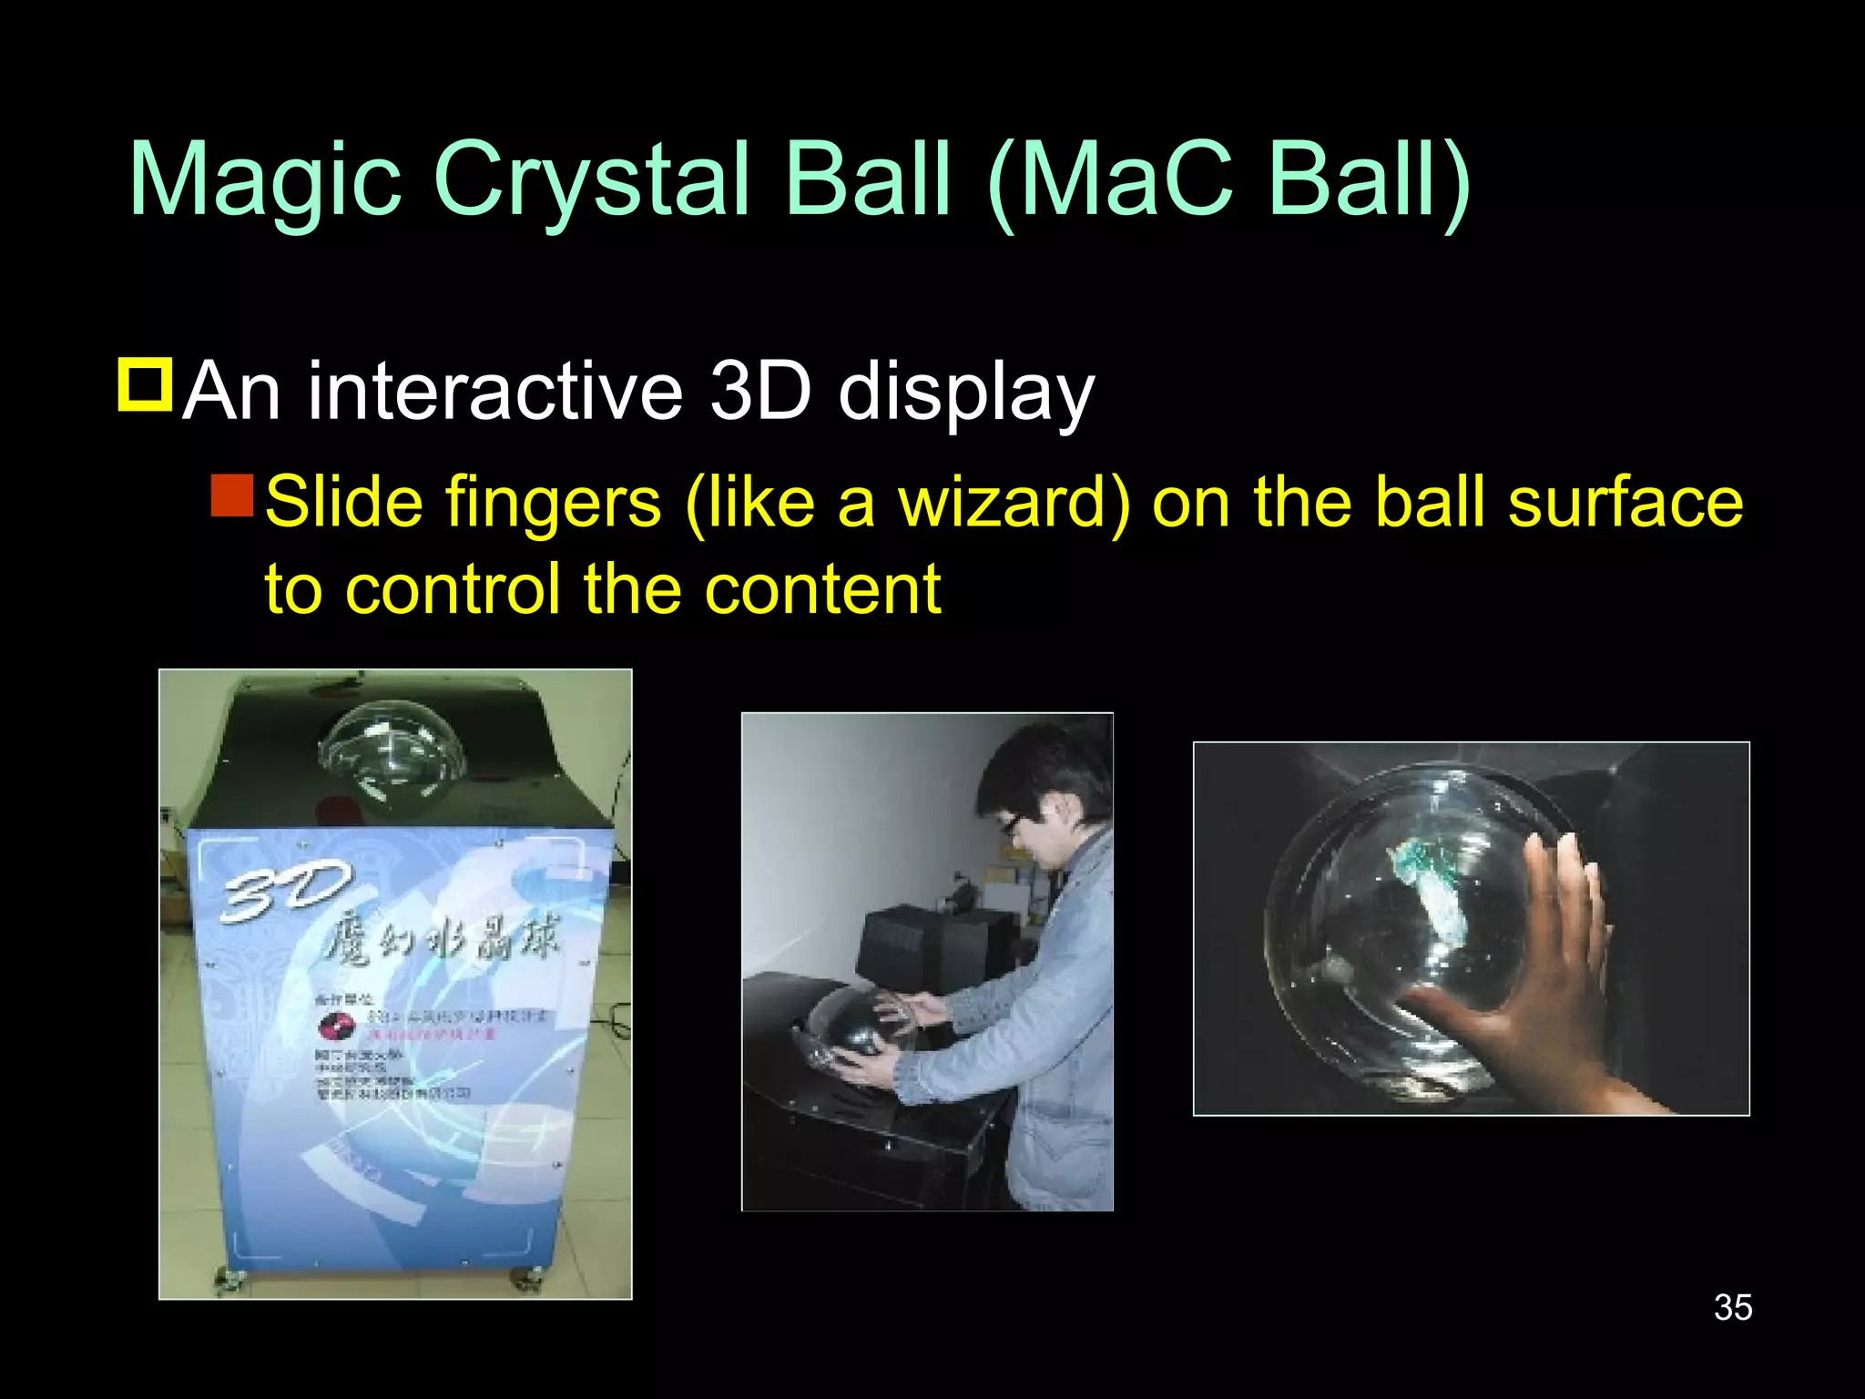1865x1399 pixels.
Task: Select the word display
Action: point(966,393)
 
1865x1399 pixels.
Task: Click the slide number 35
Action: point(1732,1307)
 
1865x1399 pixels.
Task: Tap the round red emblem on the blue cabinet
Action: point(334,1027)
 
